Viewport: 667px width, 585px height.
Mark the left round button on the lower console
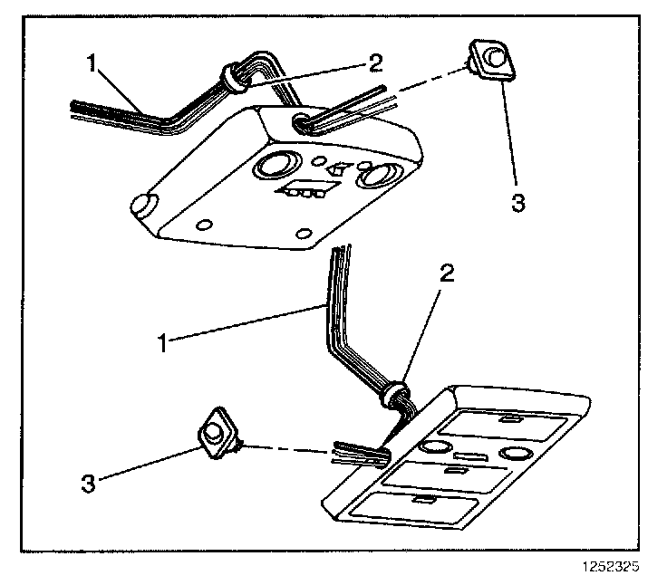point(435,447)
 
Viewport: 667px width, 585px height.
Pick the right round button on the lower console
point(517,452)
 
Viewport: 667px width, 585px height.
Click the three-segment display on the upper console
point(304,192)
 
